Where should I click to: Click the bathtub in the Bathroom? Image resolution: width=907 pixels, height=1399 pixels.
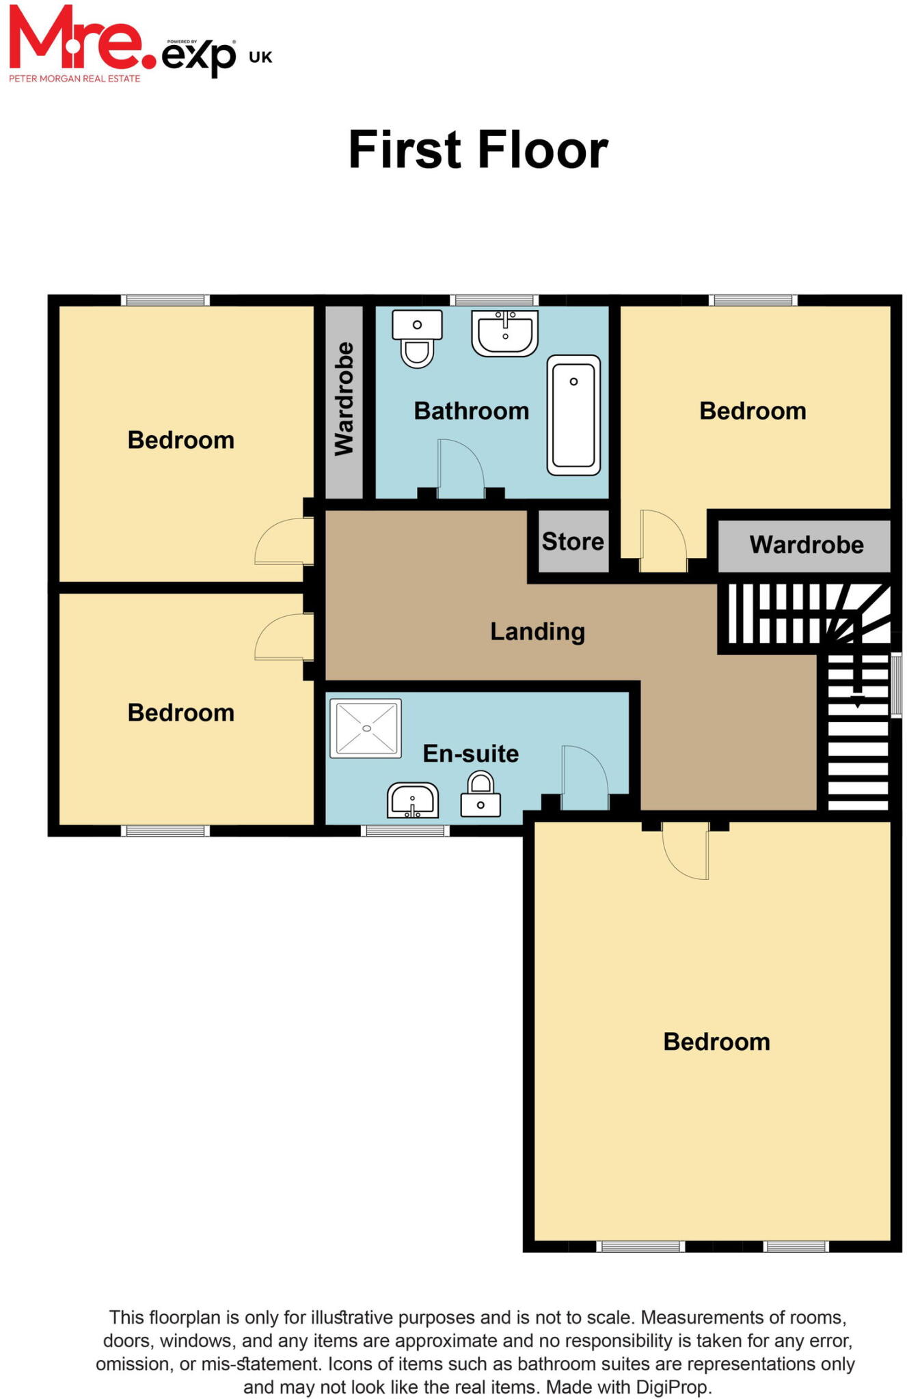click(x=573, y=415)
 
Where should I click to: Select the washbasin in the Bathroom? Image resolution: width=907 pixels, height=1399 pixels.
click(x=504, y=333)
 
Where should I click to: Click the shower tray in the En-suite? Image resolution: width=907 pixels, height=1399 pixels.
click(x=366, y=728)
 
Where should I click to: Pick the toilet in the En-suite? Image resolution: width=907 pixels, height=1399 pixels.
click(x=480, y=795)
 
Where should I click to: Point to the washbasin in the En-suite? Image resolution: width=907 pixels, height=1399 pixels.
click(x=413, y=801)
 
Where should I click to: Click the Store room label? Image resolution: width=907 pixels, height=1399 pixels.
click(x=573, y=542)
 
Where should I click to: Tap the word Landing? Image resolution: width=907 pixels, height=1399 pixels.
click(x=537, y=631)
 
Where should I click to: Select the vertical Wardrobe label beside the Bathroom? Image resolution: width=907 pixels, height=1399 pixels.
click(x=344, y=400)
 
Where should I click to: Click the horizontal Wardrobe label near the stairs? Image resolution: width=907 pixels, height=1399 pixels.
click(x=806, y=545)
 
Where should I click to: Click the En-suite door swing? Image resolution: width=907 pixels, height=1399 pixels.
click(x=583, y=777)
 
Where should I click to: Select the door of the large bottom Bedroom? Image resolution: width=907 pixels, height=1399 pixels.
click(x=686, y=853)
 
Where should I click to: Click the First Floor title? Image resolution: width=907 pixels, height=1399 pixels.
click(x=478, y=150)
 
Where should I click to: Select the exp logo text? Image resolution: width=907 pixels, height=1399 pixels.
click(x=199, y=56)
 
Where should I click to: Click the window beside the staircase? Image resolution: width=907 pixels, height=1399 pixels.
click(x=896, y=684)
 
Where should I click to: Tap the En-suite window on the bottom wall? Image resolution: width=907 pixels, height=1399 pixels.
click(x=405, y=831)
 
